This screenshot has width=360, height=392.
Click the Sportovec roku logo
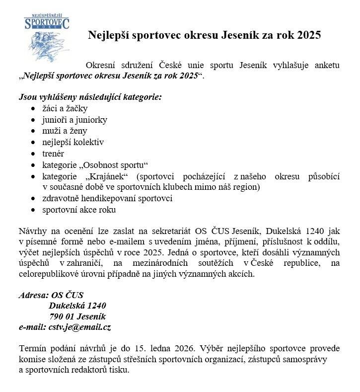click(47, 37)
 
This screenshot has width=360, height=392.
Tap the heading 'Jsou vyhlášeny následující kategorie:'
click(90, 96)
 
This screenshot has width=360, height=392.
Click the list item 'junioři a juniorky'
click(74, 120)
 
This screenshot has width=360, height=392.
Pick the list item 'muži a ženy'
click(65, 131)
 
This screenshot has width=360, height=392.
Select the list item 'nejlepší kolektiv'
click(73, 143)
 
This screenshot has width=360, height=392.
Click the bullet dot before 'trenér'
click(33, 154)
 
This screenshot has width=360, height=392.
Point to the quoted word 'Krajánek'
click(107, 176)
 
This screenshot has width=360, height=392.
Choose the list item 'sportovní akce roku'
click(79, 210)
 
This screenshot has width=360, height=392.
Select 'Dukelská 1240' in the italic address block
click(77, 306)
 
